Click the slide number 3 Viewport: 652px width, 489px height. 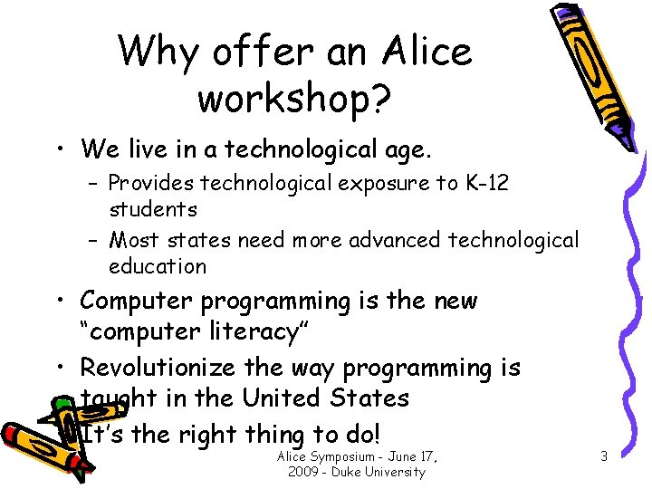pyautogui.click(x=603, y=457)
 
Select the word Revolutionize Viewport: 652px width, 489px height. pyautogui.click(x=161, y=368)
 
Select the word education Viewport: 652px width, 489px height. pyautogui.click(x=158, y=266)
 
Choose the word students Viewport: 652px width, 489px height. pyautogui.click(x=153, y=209)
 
